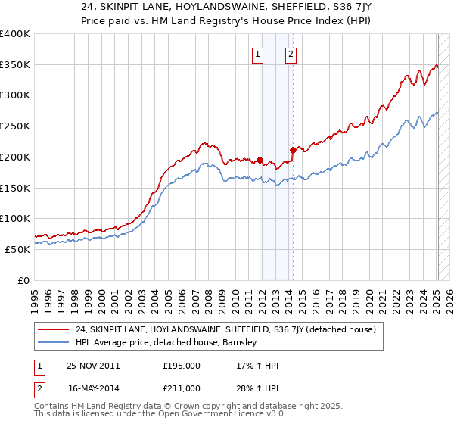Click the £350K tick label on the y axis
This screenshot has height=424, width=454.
[x=15, y=65]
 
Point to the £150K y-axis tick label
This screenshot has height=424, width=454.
[x=15, y=188]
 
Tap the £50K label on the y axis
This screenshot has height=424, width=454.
[x=17, y=249]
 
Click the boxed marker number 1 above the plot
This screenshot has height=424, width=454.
[x=258, y=54]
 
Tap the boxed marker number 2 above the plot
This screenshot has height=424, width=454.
[x=291, y=54]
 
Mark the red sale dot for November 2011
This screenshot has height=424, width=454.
[x=260, y=160]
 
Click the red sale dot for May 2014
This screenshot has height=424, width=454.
[x=293, y=150]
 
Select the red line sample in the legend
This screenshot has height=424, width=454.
[x=54, y=329]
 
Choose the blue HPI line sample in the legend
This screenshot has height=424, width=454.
[x=54, y=342]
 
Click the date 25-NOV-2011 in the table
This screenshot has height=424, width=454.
[x=93, y=366]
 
